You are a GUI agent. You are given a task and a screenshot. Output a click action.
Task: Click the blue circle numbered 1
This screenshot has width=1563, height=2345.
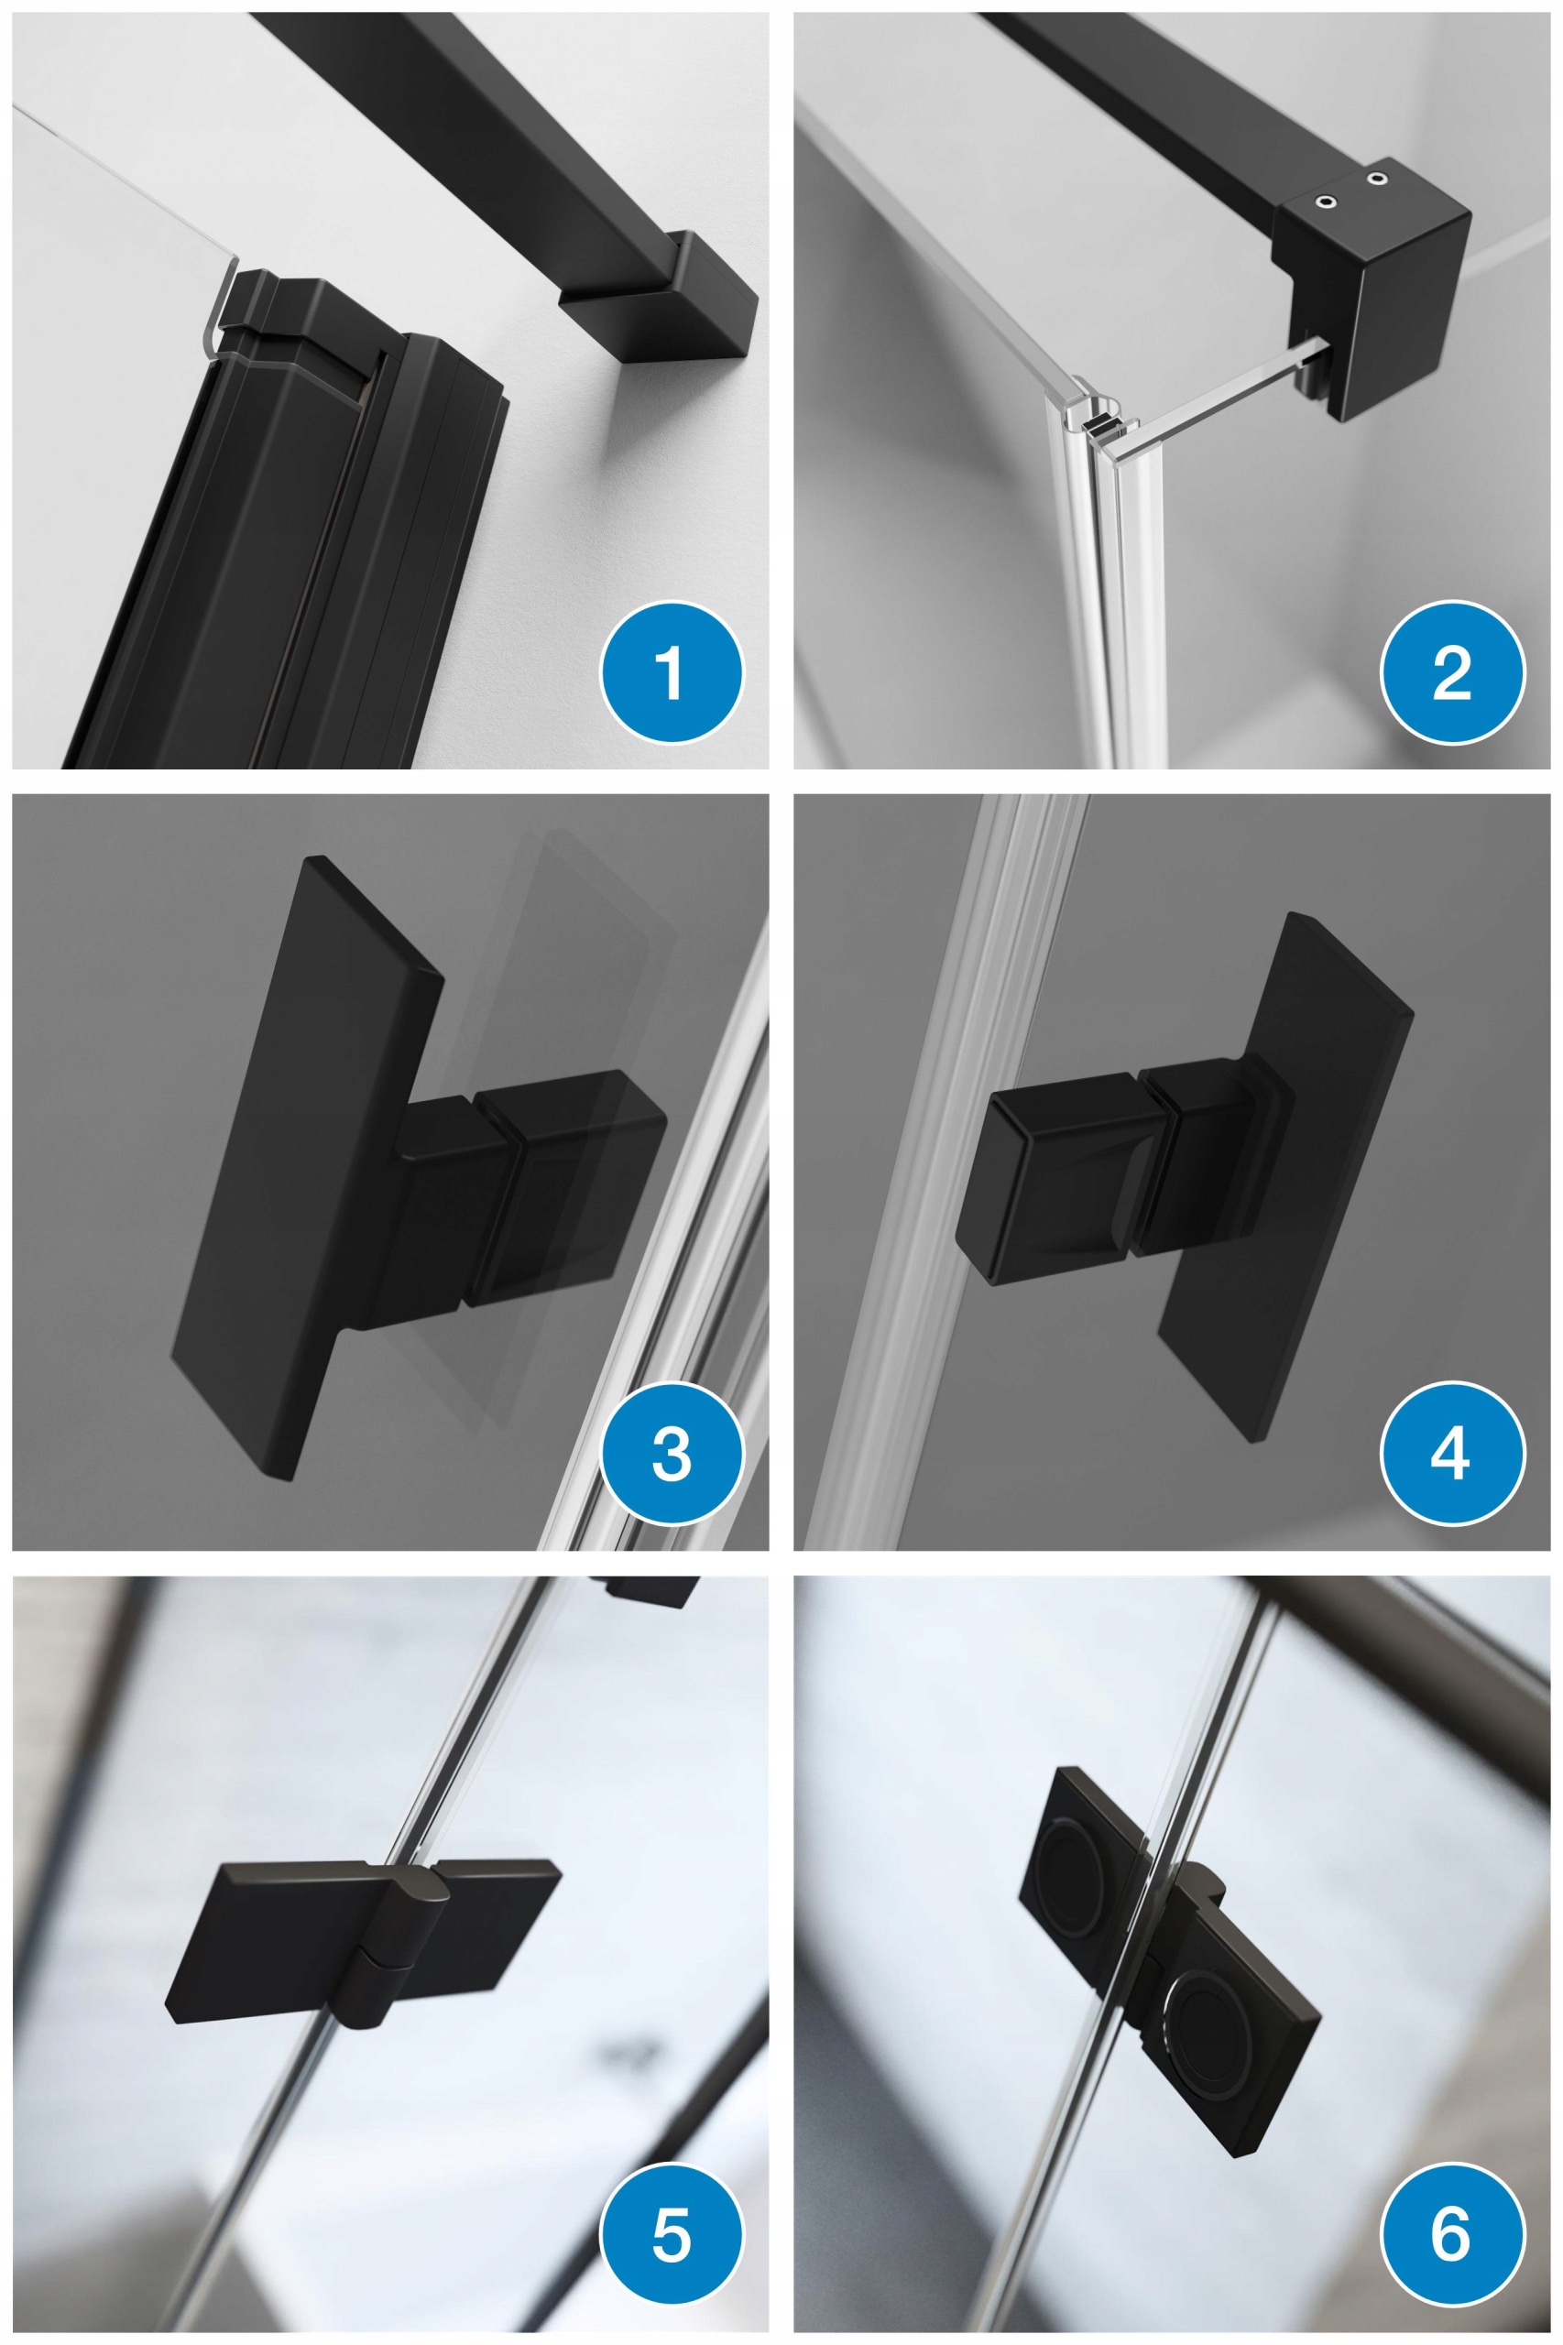point(671,671)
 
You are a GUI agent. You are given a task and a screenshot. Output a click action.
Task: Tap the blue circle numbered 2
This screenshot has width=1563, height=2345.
point(1452,671)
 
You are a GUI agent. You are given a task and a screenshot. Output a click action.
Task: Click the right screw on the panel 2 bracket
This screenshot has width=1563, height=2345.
point(1378,179)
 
